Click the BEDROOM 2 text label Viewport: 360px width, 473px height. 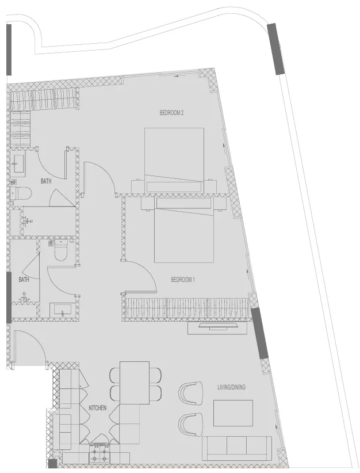pos(171,113)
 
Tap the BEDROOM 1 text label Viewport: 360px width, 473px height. pos(183,280)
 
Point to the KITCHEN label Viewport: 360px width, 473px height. pos(98,408)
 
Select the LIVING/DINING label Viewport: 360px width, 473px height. pos(231,387)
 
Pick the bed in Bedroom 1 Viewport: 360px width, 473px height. pos(184,230)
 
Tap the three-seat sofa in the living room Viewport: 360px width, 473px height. pos(236,448)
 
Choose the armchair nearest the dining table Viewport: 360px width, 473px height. pos(190,394)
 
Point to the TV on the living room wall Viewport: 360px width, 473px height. pos(217,327)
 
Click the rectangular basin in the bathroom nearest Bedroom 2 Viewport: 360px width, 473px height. pos(18,165)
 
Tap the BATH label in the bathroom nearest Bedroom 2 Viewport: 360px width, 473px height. pos(46,181)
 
